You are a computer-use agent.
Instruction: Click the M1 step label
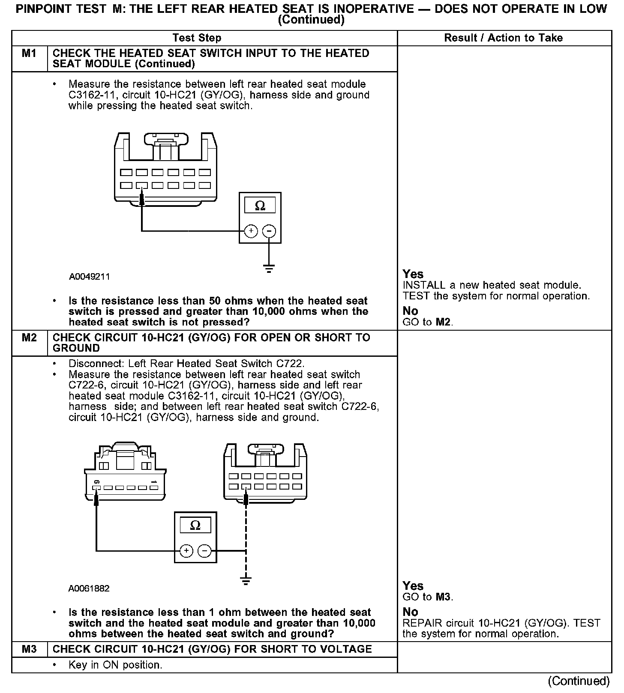click(29, 54)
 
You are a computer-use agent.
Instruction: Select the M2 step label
click(29, 338)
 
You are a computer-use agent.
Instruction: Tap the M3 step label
click(29, 649)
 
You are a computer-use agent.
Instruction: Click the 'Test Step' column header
click(197, 38)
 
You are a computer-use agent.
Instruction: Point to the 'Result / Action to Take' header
click(504, 38)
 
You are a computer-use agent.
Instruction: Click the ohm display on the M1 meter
click(260, 206)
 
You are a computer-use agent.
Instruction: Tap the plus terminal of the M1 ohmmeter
click(251, 231)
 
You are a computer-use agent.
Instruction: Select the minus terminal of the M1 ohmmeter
click(269, 231)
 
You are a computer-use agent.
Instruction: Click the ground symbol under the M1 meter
click(269, 269)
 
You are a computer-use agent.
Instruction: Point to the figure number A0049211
click(89, 277)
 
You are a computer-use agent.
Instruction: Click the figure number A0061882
click(89, 588)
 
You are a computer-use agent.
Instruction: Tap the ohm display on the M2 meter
click(195, 526)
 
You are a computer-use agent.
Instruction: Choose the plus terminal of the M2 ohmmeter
click(186, 550)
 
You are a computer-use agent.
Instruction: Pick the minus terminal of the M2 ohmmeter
click(204, 550)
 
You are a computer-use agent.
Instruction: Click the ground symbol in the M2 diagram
click(246, 581)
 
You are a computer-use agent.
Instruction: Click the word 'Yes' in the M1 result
click(413, 274)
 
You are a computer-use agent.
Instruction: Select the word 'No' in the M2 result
click(410, 612)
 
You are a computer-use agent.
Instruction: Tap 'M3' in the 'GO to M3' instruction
click(443, 597)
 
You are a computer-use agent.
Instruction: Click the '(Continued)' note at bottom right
click(579, 681)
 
